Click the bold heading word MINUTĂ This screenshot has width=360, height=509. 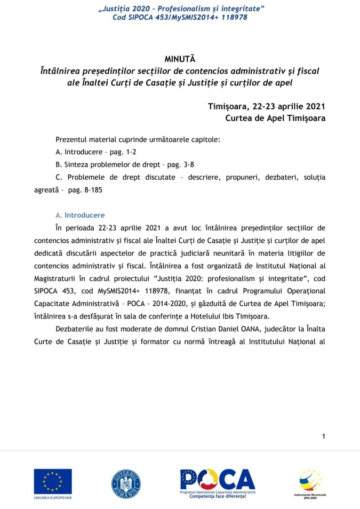[x=180, y=58]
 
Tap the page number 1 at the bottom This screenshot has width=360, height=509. [x=323, y=436]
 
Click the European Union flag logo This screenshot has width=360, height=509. [x=53, y=481]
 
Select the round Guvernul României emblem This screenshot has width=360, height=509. [x=126, y=483]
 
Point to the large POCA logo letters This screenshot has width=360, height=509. [x=218, y=480]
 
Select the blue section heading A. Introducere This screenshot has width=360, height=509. [x=80, y=215]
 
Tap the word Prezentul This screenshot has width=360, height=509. [x=73, y=139]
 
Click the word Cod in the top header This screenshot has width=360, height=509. [x=119, y=17]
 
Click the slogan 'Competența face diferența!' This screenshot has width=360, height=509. [x=218, y=496]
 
